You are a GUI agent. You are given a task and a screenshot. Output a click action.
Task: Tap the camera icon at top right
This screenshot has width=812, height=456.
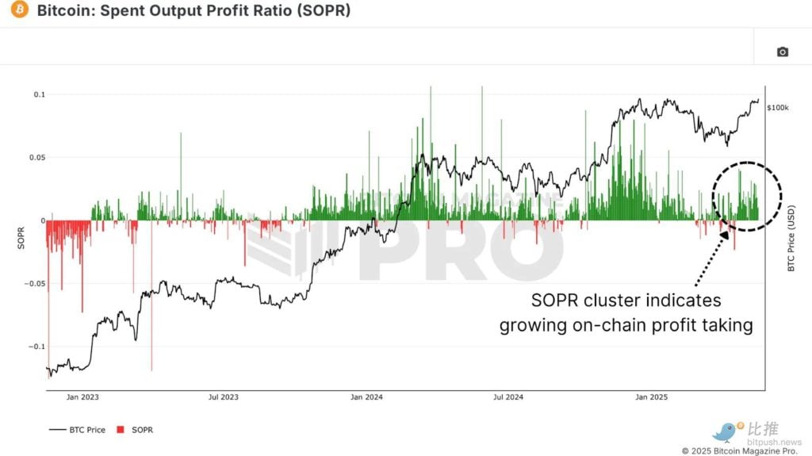782,52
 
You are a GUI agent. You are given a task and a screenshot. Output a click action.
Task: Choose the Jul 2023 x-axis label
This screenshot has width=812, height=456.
223,397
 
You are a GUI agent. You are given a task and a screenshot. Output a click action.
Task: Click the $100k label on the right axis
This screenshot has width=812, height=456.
778,107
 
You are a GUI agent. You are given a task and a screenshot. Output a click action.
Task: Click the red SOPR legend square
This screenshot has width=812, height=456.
121,430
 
